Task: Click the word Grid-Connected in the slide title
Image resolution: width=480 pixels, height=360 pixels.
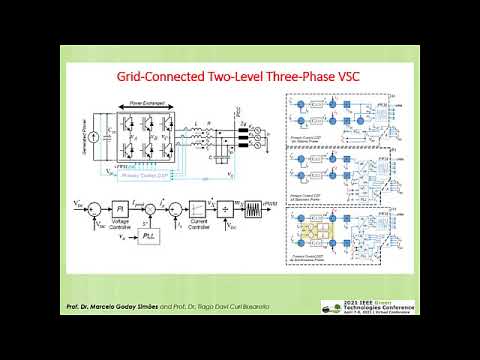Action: tap(167, 77)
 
